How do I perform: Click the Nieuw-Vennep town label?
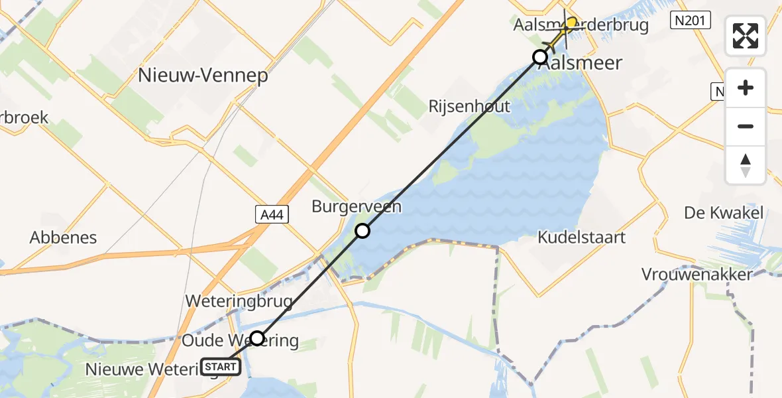click(203, 76)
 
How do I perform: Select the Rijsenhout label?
click(469, 106)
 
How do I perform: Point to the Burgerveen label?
click(357, 207)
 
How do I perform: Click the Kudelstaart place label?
click(582, 237)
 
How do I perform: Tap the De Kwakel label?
click(724, 213)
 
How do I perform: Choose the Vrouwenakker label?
click(697, 274)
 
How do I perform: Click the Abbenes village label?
click(64, 237)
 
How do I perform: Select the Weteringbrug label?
click(239, 301)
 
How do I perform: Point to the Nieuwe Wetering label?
click(142, 369)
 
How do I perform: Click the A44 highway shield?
click(272, 214)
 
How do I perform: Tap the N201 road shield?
click(691, 21)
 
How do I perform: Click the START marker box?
click(221, 367)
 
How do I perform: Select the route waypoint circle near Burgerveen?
click(363, 231)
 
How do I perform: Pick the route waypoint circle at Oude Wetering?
click(257, 338)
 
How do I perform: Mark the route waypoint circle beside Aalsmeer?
click(540, 57)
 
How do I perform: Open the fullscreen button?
click(746, 36)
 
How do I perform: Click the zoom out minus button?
click(746, 126)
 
